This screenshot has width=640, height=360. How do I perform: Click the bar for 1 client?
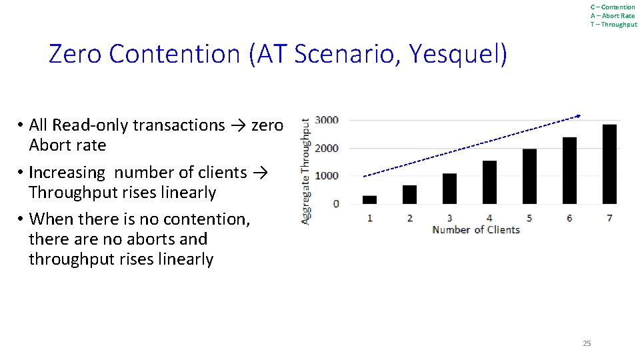click(x=369, y=199)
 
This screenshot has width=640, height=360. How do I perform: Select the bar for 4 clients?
click(x=489, y=182)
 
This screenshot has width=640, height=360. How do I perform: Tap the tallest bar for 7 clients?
click(x=609, y=164)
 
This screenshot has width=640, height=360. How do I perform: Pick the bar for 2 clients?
click(x=409, y=194)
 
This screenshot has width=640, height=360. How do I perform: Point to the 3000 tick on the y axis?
click(x=327, y=120)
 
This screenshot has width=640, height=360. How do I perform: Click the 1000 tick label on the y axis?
click(x=327, y=175)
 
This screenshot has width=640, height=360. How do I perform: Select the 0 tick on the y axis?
click(x=335, y=203)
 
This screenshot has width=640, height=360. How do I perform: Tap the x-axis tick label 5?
click(x=529, y=218)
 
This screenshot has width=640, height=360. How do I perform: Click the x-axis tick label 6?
click(x=569, y=218)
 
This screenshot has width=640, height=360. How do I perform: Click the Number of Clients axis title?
click(x=476, y=230)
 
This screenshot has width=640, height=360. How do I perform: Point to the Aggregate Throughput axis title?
click(x=306, y=171)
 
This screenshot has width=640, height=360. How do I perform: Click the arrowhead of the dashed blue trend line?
click(x=578, y=116)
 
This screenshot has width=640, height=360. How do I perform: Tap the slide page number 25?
click(x=587, y=343)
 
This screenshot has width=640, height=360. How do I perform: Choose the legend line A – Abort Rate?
click(x=613, y=16)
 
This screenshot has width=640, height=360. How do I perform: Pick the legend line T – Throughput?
click(x=613, y=25)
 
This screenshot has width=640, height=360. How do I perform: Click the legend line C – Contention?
click(x=613, y=7)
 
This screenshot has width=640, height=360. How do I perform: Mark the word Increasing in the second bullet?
click(x=67, y=173)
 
